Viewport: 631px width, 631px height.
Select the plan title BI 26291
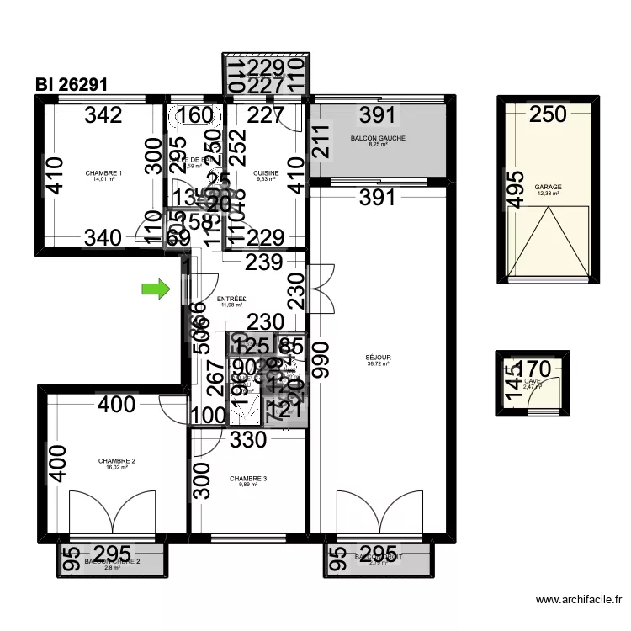[x=71, y=86]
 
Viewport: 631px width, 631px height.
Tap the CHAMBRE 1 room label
[x=104, y=174]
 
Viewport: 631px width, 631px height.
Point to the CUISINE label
[x=265, y=174]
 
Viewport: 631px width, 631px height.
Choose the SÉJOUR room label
[x=379, y=358]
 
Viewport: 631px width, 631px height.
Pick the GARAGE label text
[x=548, y=188]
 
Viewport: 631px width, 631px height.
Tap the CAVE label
[x=533, y=381]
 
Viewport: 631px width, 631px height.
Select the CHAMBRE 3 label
[x=248, y=480]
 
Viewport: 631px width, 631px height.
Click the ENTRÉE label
[x=231, y=299]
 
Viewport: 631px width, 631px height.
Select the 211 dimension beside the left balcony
[x=321, y=143]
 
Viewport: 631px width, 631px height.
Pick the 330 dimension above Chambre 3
[x=247, y=439]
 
